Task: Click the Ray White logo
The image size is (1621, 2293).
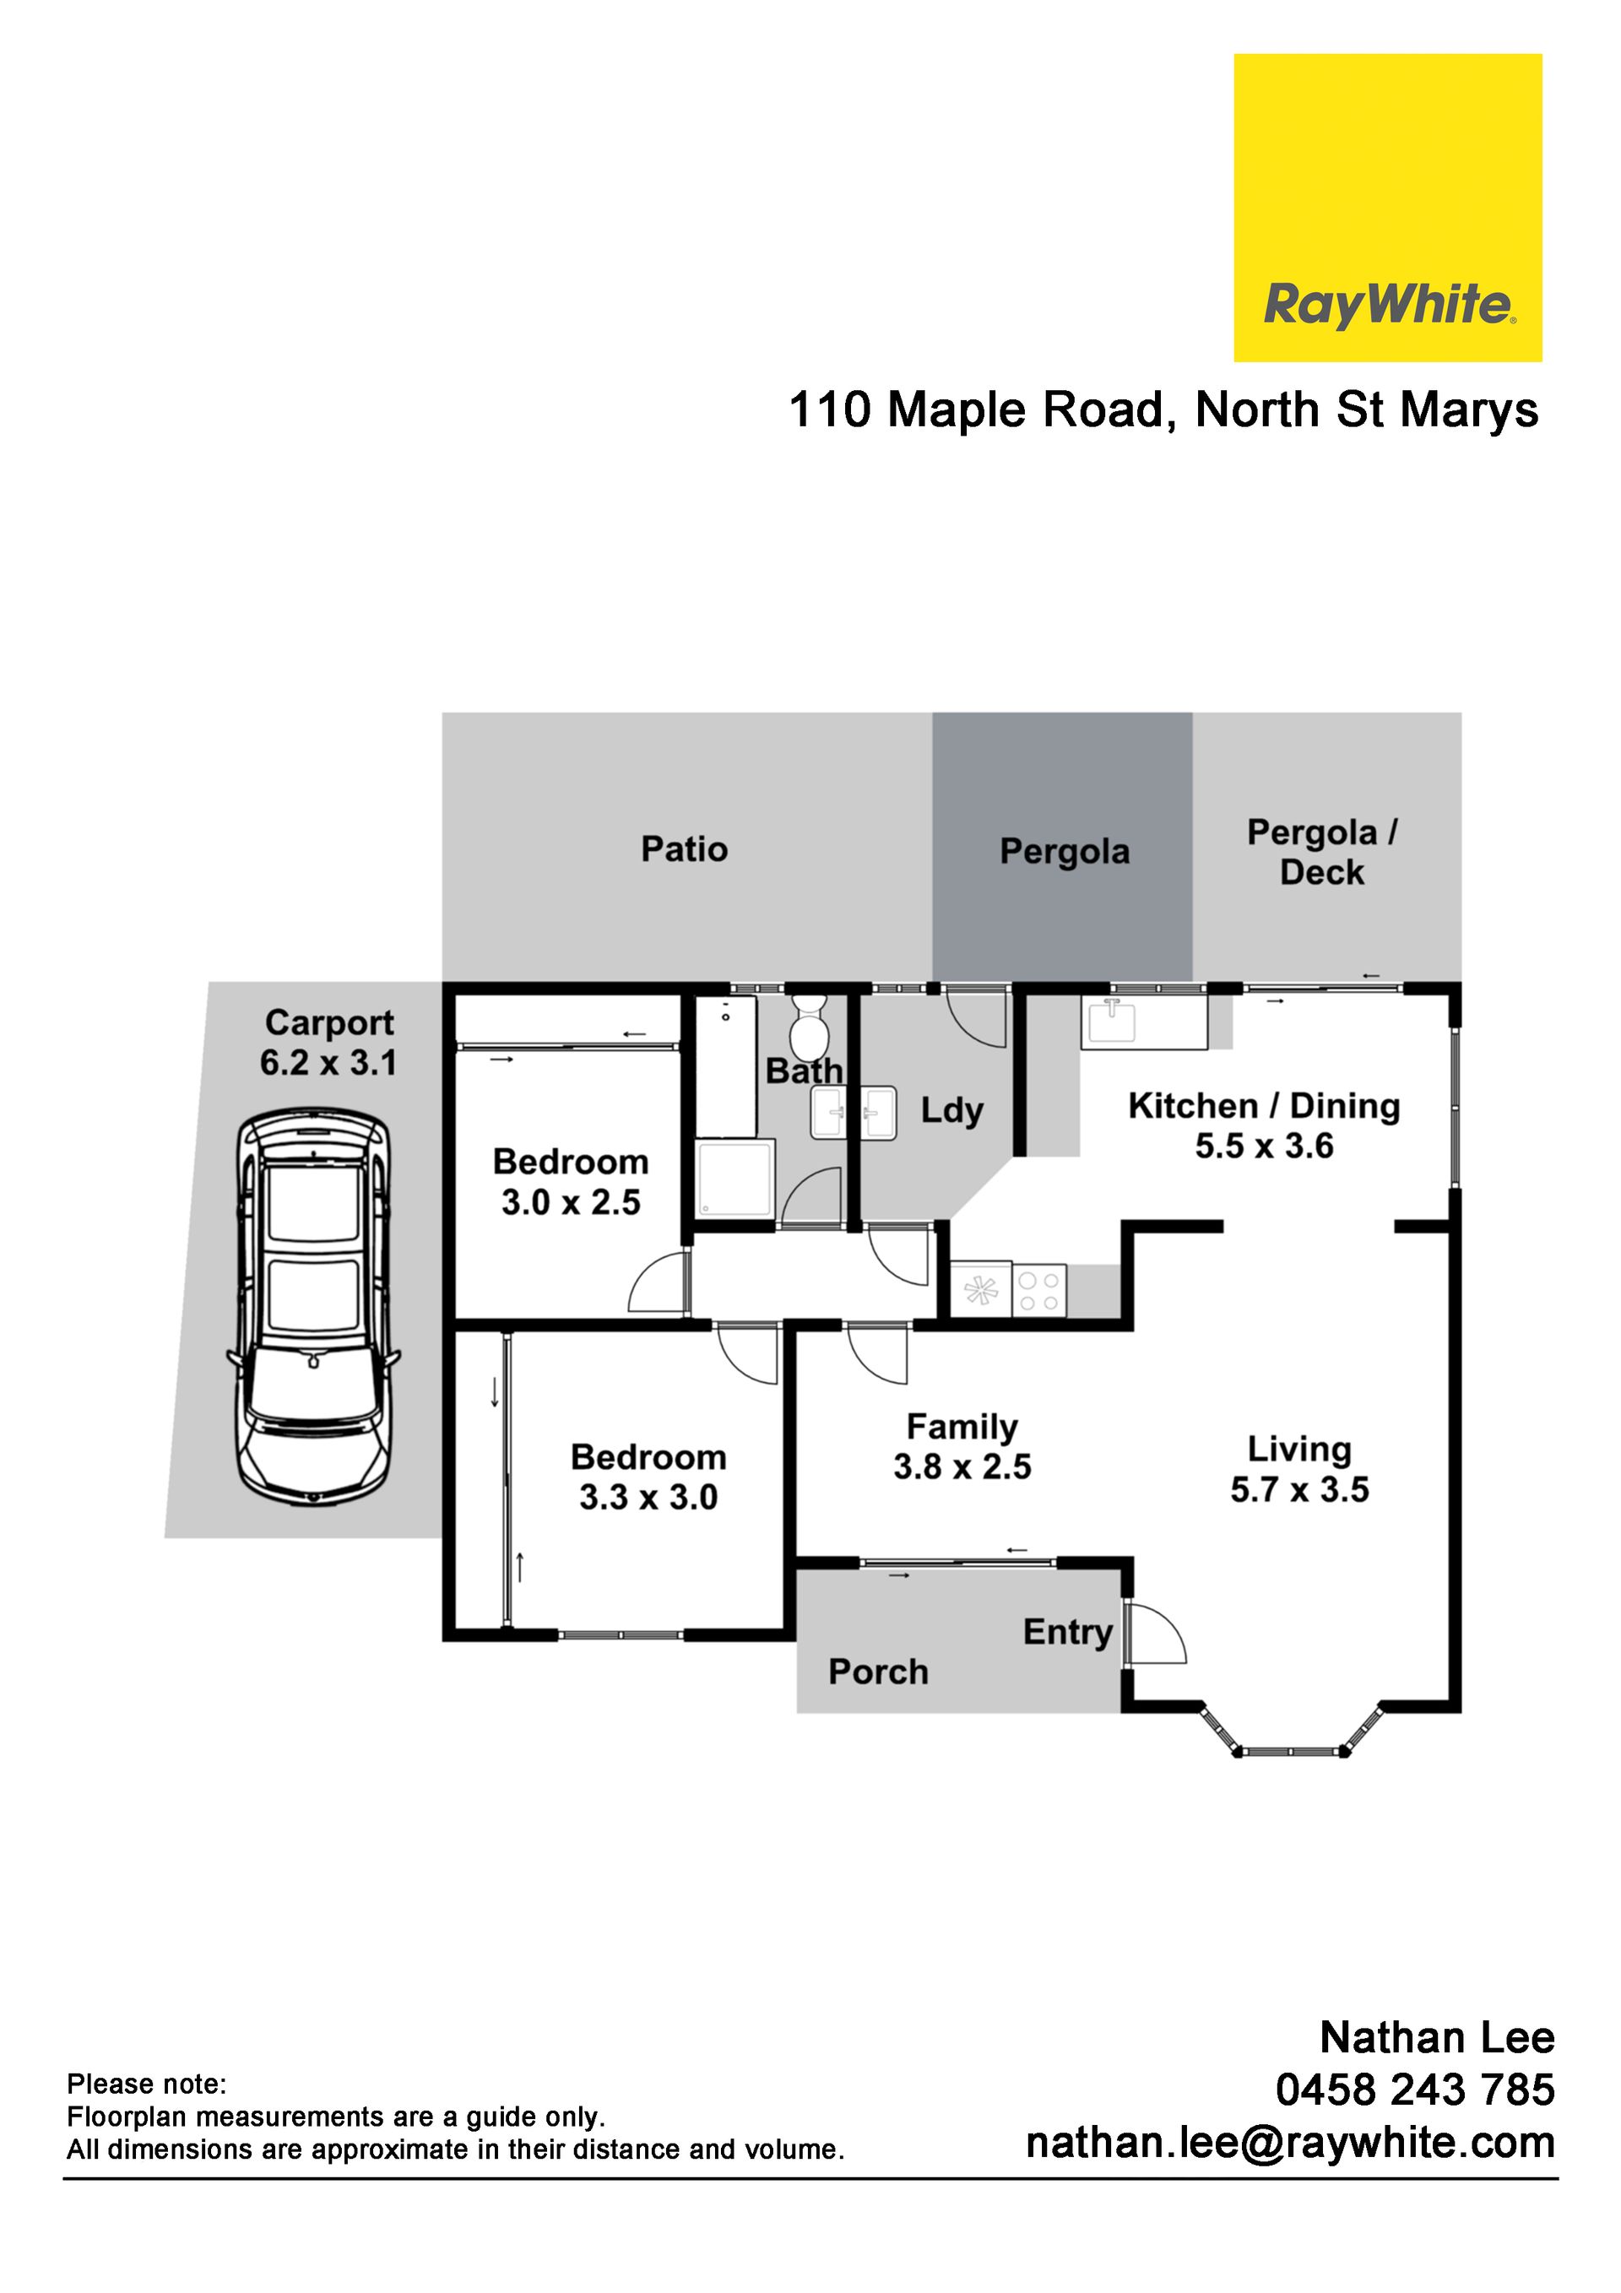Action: pos(1387,208)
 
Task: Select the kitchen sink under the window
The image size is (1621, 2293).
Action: pos(1110,1022)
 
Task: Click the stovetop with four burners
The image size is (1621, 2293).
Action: pos(1039,1289)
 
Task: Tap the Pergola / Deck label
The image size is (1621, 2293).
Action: pos(1322,852)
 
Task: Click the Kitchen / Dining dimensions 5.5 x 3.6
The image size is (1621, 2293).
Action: pos(1265,1146)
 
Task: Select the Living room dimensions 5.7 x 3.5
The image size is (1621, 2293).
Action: pos(1299,1489)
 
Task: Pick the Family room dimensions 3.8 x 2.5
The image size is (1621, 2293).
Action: pos(962,1466)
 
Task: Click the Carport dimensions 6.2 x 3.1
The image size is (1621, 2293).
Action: pos(328,1063)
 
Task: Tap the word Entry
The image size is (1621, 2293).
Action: pos(1068,1632)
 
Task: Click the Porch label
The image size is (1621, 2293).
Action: pos(878,1672)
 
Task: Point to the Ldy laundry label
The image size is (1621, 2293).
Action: pos(951,1110)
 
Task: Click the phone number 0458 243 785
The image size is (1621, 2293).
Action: pos(1415,2090)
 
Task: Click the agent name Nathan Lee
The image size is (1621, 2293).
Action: pos(1437,2037)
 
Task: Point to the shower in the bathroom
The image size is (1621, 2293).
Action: pos(736,1179)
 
